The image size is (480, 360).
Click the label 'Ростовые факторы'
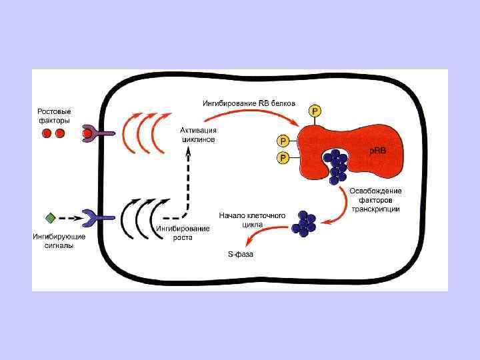coord(54,115)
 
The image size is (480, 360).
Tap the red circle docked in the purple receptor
coord(87,134)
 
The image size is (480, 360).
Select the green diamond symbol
coord(50,217)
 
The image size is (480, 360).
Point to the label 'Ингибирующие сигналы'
coord(54,241)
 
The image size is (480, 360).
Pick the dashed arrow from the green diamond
coord(70,217)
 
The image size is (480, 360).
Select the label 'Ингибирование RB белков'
coord(249,103)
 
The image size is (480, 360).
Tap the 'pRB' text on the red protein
coord(378,151)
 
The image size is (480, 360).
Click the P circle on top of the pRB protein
coord(314,110)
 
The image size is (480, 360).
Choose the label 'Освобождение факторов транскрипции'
coord(375,200)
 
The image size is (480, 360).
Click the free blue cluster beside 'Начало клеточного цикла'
coord(307,224)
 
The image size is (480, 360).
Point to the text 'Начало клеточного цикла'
coord(252,220)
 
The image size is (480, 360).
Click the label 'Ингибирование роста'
coord(183,233)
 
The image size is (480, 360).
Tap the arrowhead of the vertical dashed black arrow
coord(189,152)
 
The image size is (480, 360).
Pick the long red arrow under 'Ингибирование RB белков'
coord(253,114)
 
